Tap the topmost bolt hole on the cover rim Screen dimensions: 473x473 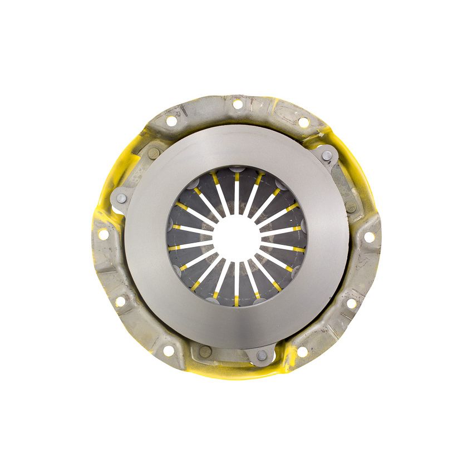[238, 104]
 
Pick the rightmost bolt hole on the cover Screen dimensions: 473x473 [368, 237]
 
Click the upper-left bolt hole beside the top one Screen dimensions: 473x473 [171, 121]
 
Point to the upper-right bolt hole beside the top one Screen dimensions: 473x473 [303, 122]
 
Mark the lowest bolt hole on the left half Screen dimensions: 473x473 [169, 351]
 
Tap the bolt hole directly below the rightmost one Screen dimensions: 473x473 [351, 304]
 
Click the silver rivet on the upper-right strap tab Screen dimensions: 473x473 [327, 155]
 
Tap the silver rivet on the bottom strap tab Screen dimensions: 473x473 [262, 355]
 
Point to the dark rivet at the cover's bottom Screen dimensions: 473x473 [205, 352]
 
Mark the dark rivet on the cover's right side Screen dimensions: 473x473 [351, 207]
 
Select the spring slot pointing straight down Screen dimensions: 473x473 [237, 281]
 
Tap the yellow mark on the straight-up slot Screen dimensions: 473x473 [237, 177]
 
